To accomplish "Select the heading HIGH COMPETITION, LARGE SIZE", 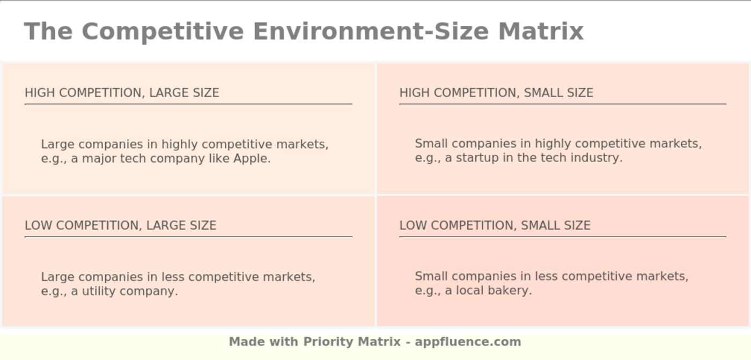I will [122, 93].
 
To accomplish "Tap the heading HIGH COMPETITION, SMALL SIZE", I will [496, 93].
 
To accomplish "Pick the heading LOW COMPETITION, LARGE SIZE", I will [121, 225].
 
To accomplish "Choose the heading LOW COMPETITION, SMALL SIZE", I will [495, 225].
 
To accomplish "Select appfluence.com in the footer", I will [468, 342].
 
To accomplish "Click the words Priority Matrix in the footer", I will [352, 342].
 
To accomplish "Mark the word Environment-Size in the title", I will [371, 31].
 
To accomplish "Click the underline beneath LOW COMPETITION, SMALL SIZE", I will [562, 237].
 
